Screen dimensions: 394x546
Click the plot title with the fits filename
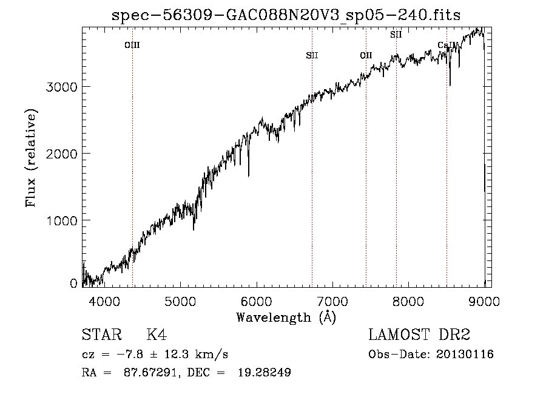(286, 15)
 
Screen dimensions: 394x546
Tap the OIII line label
(132, 45)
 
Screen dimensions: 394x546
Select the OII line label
(366, 55)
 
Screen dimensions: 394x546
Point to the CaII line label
(446, 45)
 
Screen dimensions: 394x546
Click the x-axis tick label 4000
(105, 301)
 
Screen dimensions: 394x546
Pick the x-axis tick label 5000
(181, 301)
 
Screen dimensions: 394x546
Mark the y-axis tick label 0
(73, 284)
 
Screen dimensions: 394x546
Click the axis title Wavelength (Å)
(285, 317)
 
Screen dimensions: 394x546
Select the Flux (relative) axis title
(31, 158)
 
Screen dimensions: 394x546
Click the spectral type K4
(157, 336)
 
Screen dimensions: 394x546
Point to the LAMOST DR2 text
(419, 336)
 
